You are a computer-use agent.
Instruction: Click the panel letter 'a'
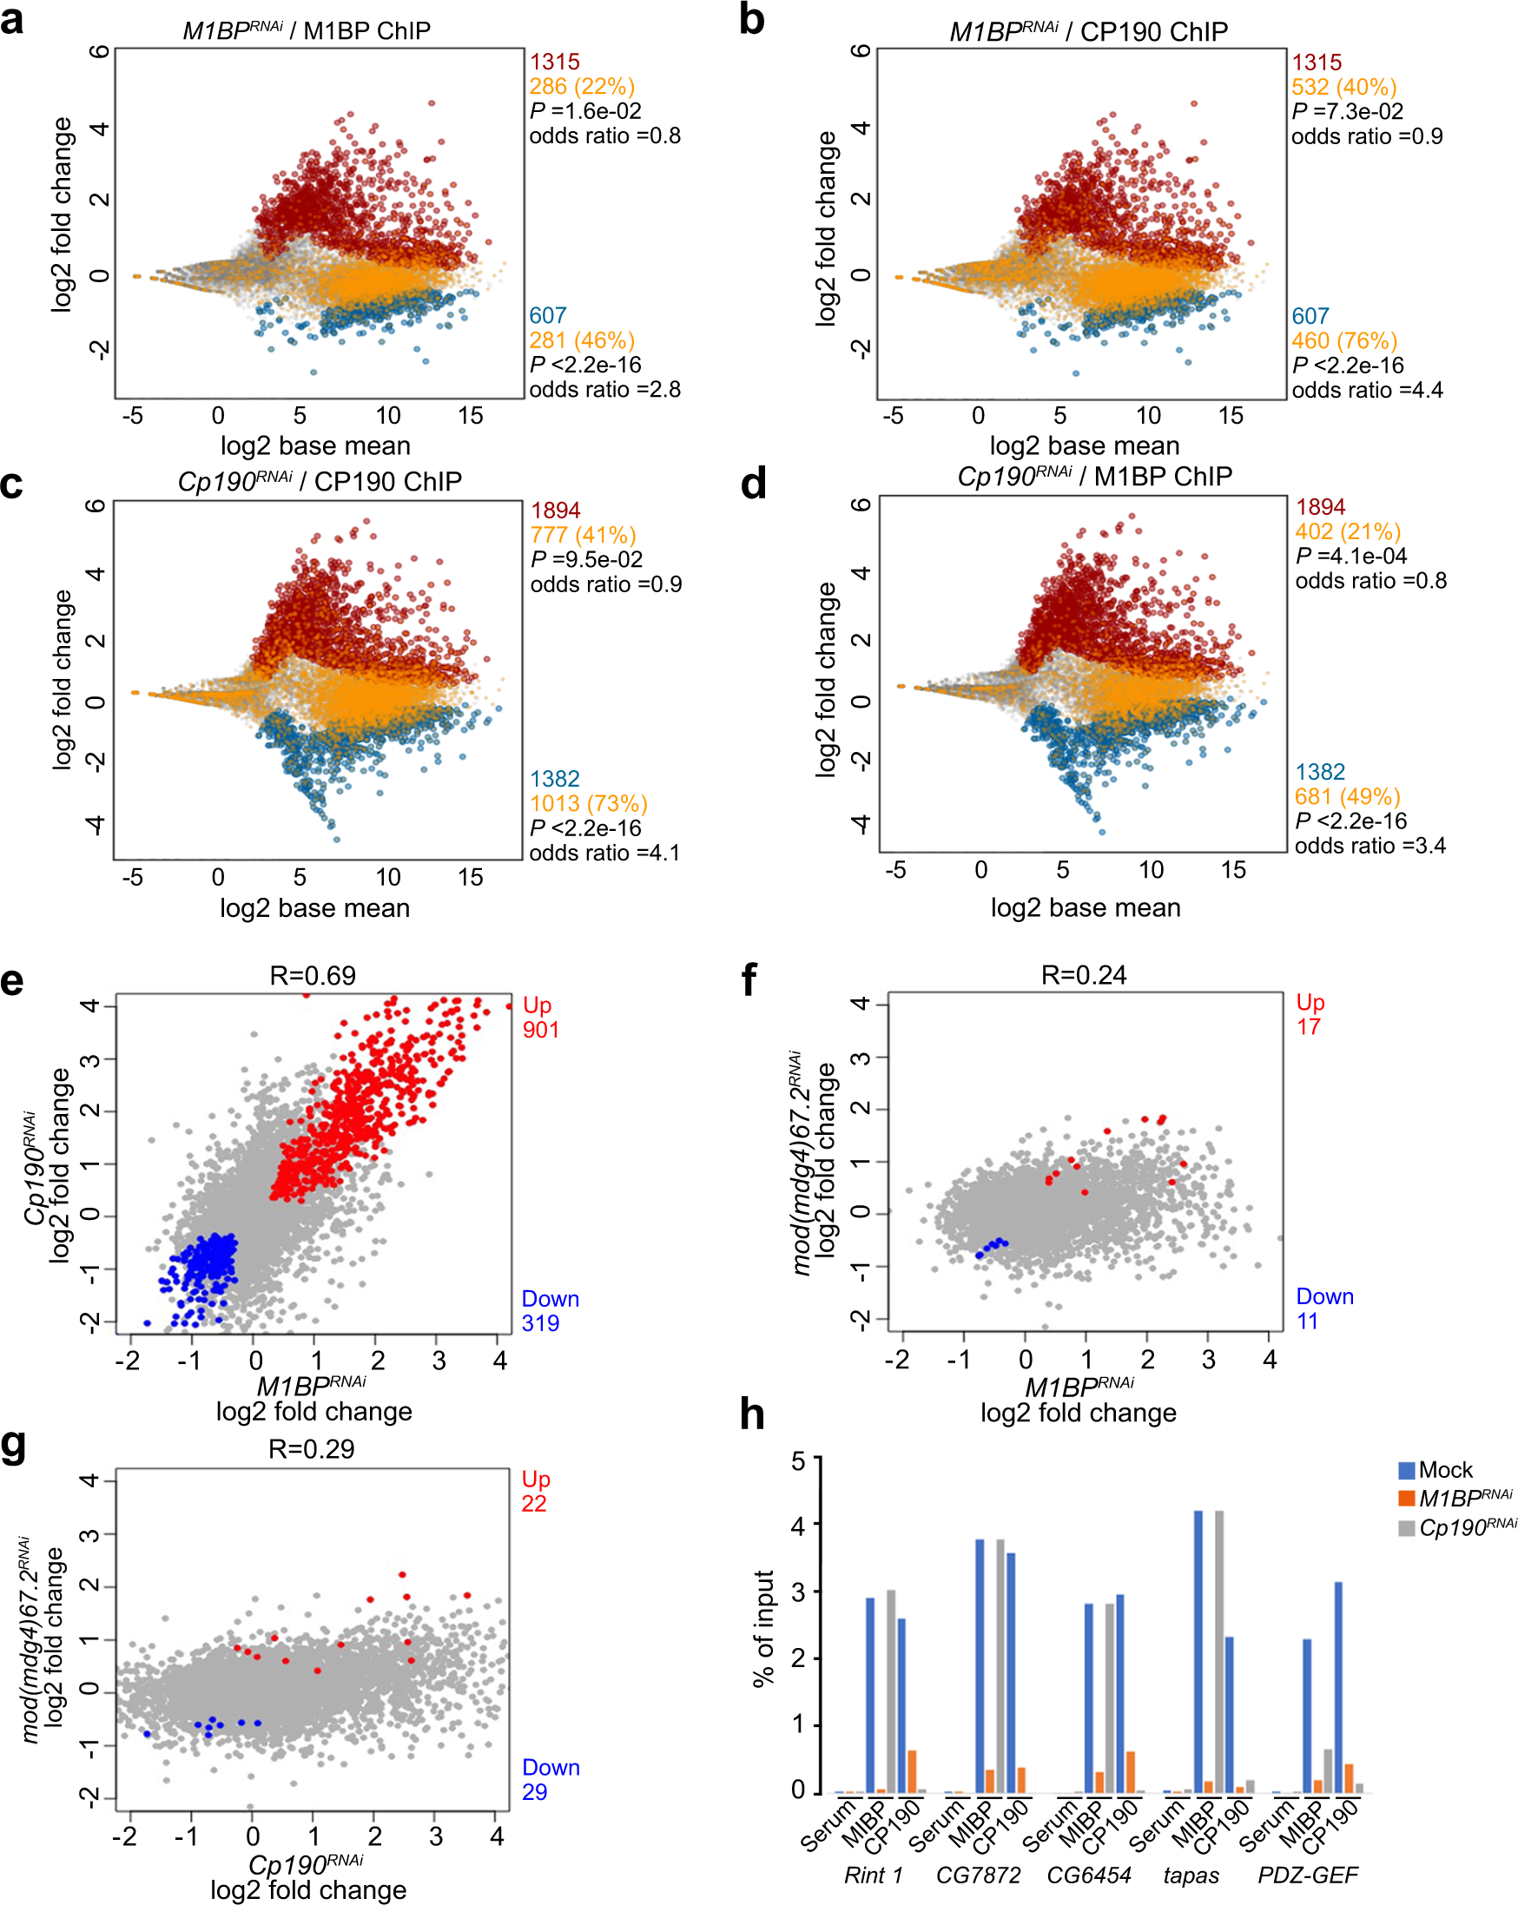[12, 19]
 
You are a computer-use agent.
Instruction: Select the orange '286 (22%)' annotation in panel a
[581, 87]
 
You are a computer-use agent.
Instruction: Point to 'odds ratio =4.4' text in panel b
[1366, 390]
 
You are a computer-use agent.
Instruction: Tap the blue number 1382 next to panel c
[554, 779]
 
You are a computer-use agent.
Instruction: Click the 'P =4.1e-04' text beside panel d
[1350, 556]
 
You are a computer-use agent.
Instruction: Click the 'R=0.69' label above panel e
[312, 975]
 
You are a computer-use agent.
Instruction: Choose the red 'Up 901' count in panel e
[539, 1017]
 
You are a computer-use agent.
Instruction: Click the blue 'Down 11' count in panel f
[1323, 1308]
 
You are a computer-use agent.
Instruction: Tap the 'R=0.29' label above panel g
[311, 1449]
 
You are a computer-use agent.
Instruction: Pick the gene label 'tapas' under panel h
[1191, 1875]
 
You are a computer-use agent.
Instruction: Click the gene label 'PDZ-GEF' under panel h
[1307, 1875]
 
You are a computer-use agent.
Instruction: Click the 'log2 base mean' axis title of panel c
[314, 907]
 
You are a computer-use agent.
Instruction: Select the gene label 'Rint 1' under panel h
[873, 1875]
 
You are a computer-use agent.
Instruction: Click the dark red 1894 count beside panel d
[1320, 507]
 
